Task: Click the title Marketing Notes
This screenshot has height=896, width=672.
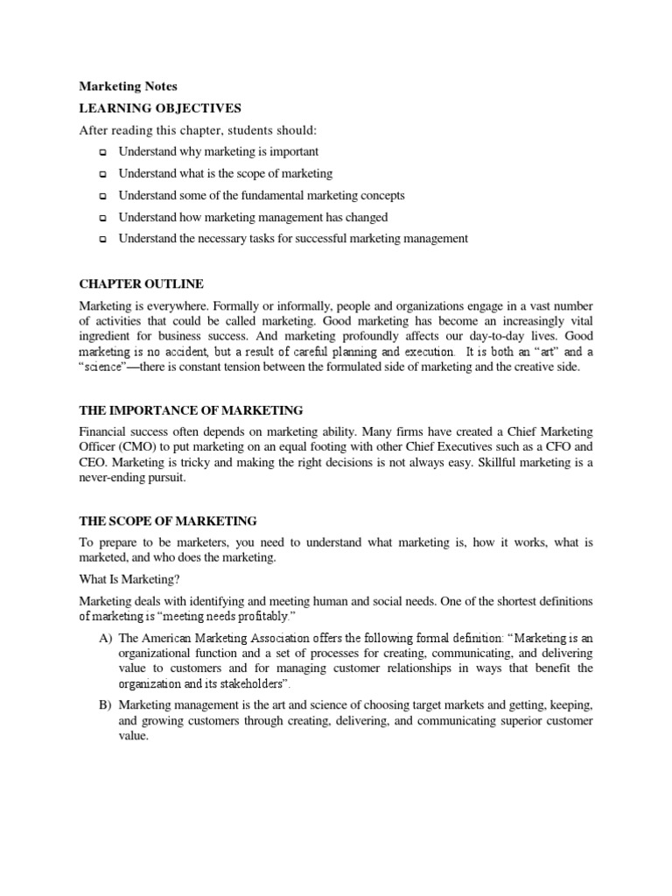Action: (128, 87)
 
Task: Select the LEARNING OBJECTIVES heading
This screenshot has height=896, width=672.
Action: (160, 108)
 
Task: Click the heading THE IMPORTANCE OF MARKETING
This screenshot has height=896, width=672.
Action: (191, 409)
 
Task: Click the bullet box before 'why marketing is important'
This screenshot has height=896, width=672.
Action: (102, 152)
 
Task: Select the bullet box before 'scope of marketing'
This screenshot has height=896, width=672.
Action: (102, 174)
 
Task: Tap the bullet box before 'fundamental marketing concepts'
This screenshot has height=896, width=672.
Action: (102, 196)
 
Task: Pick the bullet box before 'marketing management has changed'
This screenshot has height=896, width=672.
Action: (102, 218)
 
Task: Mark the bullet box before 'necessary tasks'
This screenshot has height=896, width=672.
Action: (102, 239)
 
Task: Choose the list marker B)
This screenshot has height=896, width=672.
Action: (105, 704)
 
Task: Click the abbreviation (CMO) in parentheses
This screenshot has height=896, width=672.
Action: (131, 448)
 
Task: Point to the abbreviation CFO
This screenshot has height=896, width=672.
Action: (563, 448)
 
